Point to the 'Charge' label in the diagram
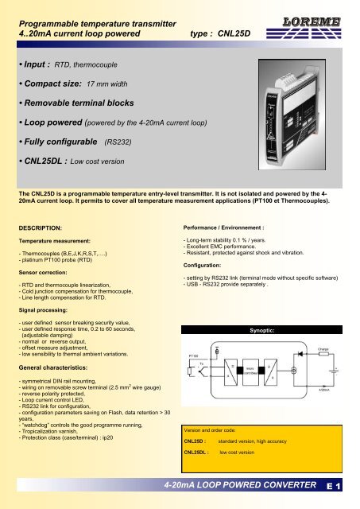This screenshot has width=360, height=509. coord(323,371)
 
